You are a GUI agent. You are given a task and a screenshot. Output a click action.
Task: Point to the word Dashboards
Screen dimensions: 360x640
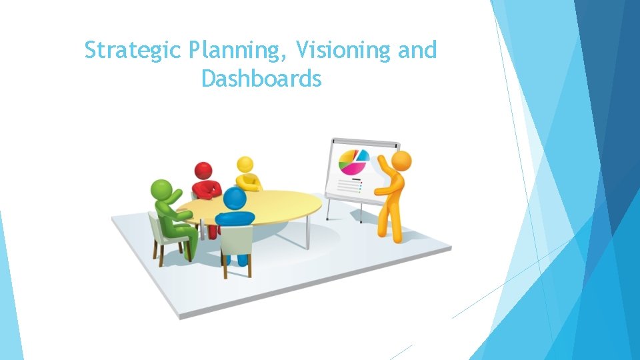click(261, 80)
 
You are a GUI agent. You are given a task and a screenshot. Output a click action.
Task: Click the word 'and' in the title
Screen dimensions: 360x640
click(417, 51)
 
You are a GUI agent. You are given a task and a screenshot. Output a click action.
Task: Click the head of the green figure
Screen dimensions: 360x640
click(160, 189)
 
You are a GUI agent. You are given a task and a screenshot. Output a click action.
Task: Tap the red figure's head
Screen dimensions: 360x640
click(203, 170)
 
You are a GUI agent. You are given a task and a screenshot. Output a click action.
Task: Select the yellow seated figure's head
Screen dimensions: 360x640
click(245, 164)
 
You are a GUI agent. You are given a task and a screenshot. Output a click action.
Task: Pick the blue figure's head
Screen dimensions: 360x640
click(234, 198)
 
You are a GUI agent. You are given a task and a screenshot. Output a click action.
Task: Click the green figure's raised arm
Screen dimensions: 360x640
click(175, 197)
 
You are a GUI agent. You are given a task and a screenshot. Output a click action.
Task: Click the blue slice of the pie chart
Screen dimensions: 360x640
click(363, 155)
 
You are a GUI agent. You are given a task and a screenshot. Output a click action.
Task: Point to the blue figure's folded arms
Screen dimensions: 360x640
click(235, 217)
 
